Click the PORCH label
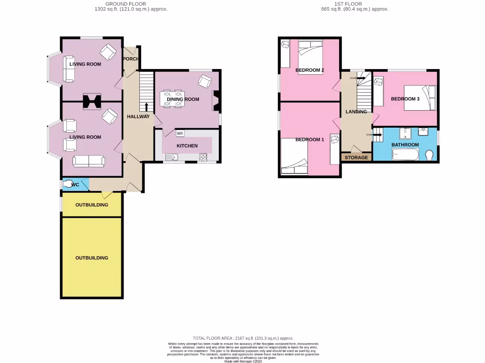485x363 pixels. pos(130,59)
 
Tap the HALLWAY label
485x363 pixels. pos(138,117)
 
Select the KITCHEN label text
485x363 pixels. pos(187,146)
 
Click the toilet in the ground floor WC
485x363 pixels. pos(69,184)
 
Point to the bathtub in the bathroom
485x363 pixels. pos(405,155)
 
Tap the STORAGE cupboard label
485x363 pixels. pos(356,157)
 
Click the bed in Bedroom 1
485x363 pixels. pos(294,156)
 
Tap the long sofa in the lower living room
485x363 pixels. pos(89,161)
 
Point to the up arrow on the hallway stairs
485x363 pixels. pos(146,106)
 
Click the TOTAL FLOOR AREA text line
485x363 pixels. pos(242,338)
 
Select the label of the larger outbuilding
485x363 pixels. pos(92,258)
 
